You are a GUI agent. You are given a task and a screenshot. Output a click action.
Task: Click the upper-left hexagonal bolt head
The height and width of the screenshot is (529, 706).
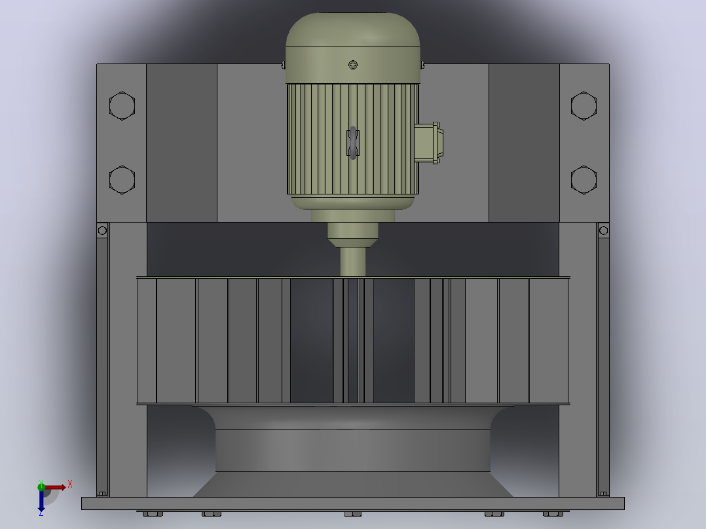[x=122, y=106]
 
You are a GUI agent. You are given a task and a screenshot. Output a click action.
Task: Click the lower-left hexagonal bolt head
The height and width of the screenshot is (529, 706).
[x=122, y=180]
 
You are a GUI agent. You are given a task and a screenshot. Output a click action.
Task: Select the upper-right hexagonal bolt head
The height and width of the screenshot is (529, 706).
[x=584, y=106]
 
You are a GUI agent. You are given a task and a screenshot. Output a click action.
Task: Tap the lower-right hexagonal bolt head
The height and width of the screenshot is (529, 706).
[x=584, y=180]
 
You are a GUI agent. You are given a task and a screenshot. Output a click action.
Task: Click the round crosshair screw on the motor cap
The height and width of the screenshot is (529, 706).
[x=353, y=65]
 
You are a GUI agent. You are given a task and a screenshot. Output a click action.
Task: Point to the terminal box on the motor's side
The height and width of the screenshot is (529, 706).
[x=428, y=143]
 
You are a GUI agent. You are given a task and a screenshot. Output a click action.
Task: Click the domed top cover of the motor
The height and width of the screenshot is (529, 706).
[x=353, y=29]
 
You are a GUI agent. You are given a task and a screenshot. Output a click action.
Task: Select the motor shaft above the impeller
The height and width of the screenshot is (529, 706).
[x=353, y=262]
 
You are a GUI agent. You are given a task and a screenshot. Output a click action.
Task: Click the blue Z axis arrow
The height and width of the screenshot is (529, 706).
[x=41, y=501]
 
